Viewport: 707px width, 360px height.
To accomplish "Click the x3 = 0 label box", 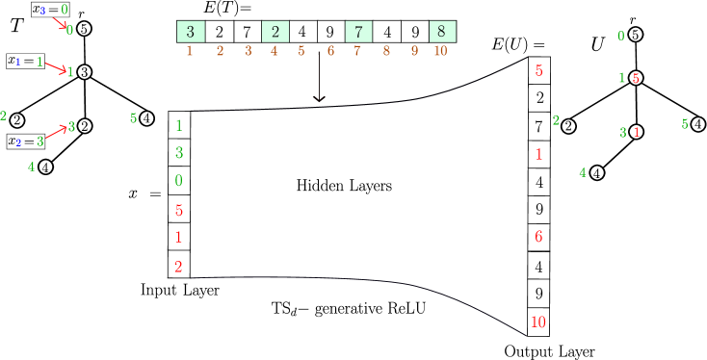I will [49, 10].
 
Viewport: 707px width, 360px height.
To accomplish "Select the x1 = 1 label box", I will [26, 61].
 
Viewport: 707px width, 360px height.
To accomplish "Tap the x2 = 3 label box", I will [26, 141].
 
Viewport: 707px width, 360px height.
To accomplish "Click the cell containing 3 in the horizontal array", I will [191, 32].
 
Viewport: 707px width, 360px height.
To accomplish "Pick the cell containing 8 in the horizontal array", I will [441, 32].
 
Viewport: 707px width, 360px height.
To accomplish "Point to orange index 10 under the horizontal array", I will [440, 51].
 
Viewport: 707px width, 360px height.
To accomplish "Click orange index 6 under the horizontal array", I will [330, 51].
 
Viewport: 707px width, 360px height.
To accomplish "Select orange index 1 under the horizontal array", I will [189, 51].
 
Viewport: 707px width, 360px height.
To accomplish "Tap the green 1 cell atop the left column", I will [179, 125].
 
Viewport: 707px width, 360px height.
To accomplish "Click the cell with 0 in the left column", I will [179, 181].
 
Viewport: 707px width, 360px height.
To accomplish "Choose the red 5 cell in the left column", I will [179, 209].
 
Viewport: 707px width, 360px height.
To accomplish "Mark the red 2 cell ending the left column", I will [179, 265].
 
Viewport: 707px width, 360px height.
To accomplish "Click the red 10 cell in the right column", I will [538, 321].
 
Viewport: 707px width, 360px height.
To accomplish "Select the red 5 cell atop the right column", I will [538, 70].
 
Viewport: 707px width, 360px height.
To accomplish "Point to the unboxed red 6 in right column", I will [538, 237].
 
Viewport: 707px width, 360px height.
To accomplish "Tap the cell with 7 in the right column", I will [538, 126].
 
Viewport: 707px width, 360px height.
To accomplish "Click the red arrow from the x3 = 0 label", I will [60, 22].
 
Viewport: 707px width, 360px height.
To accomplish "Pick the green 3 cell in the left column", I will [179, 153].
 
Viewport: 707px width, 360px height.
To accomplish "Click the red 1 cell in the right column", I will [538, 154].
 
